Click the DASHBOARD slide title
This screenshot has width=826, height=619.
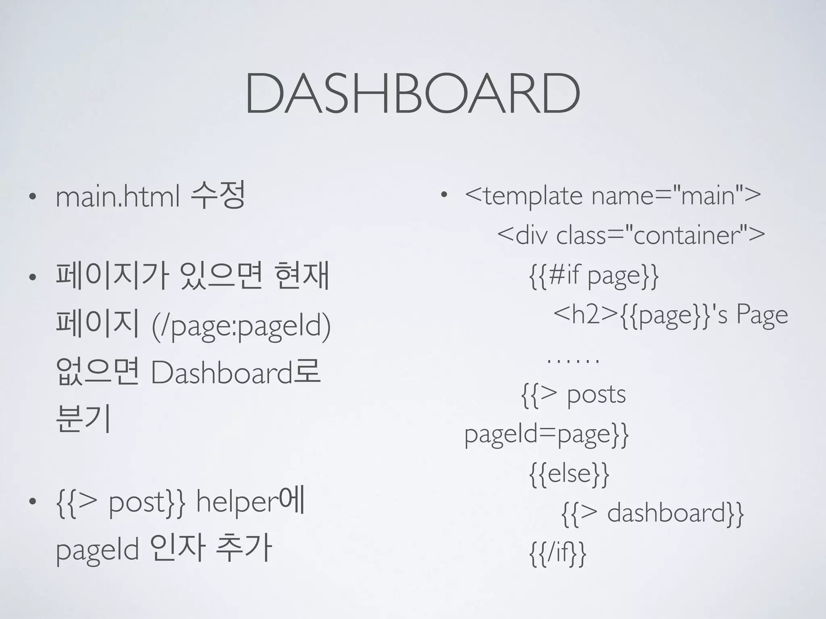pos(412,93)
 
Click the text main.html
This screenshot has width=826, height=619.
pos(117,197)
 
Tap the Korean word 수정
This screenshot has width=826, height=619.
pos(218,195)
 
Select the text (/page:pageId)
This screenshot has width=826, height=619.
pos(241,326)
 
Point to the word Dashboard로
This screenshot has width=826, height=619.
pos(236,372)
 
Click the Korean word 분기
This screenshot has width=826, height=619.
pos(83,419)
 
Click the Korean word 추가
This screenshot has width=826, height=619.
pos(244,548)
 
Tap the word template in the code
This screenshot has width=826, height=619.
pos(533,196)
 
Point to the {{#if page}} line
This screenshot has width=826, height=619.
pos(594,276)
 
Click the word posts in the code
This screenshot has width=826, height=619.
pos(596,394)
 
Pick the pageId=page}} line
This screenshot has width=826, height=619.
pos(546,434)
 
